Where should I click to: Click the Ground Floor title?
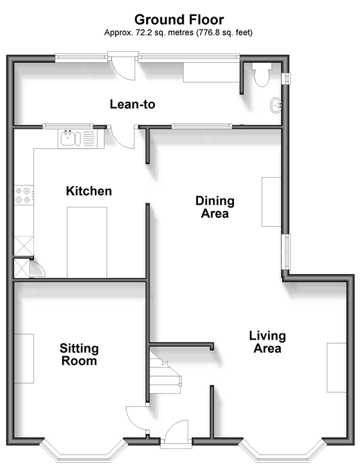[x=179, y=19]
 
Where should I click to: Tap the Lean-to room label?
[x=132, y=104]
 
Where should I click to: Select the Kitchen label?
[x=89, y=191]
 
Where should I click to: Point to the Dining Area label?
[x=215, y=207]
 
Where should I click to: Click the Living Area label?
[x=267, y=342]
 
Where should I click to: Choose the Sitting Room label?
[x=79, y=354]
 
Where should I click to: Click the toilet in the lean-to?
[x=262, y=75]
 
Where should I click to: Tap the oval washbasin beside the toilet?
[x=276, y=105]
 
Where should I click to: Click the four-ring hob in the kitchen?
[x=24, y=195]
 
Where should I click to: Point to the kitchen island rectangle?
[x=87, y=242]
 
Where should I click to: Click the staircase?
[x=165, y=373]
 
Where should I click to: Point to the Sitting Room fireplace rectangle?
[x=24, y=358]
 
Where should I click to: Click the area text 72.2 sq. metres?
[x=165, y=33]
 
